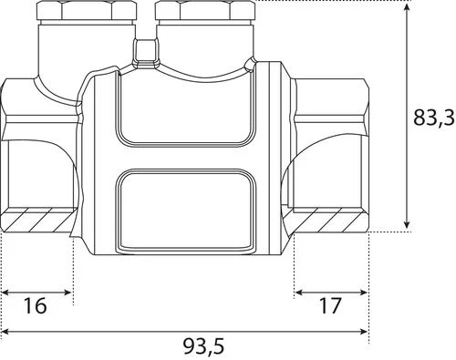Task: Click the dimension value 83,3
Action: [x=434, y=118]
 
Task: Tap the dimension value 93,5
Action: [x=203, y=346]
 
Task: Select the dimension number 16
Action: [x=35, y=305]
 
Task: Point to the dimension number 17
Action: [x=330, y=305]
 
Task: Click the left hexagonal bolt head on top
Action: [x=87, y=11]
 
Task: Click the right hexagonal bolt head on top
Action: [x=205, y=11]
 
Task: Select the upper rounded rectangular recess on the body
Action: [x=186, y=107]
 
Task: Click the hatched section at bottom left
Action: [x=39, y=220]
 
